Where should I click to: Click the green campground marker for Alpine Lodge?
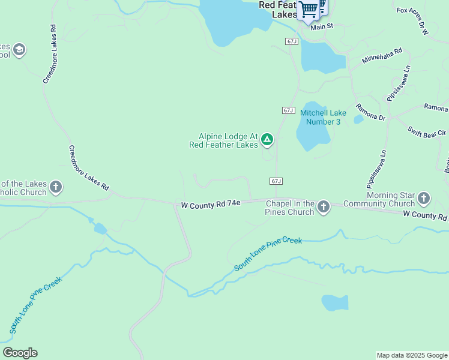(x=267, y=140)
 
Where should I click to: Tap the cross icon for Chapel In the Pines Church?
(x=324, y=208)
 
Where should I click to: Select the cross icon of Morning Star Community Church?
(x=424, y=199)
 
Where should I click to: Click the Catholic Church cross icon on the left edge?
(x=56, y=188)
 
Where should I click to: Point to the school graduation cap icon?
(x=19, y=50)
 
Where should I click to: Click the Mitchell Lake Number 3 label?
(x=323, y=117)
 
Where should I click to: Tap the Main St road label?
(x=321, y=26)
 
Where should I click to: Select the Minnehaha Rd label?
(x=382, y=57)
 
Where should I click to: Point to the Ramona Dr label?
(x=370, y=112)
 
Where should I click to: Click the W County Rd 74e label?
(x=211, y=205)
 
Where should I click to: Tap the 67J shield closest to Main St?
(x=292, y=41)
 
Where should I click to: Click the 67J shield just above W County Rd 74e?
(x=276, y=181)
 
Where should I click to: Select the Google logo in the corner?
(x=20, y=353)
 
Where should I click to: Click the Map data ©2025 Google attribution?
(x=412, y=355)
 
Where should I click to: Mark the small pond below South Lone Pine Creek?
(x=334, y=302)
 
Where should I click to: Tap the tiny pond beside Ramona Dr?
(x=358, y=119)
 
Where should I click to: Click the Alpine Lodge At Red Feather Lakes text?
(x=223, y=140)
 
